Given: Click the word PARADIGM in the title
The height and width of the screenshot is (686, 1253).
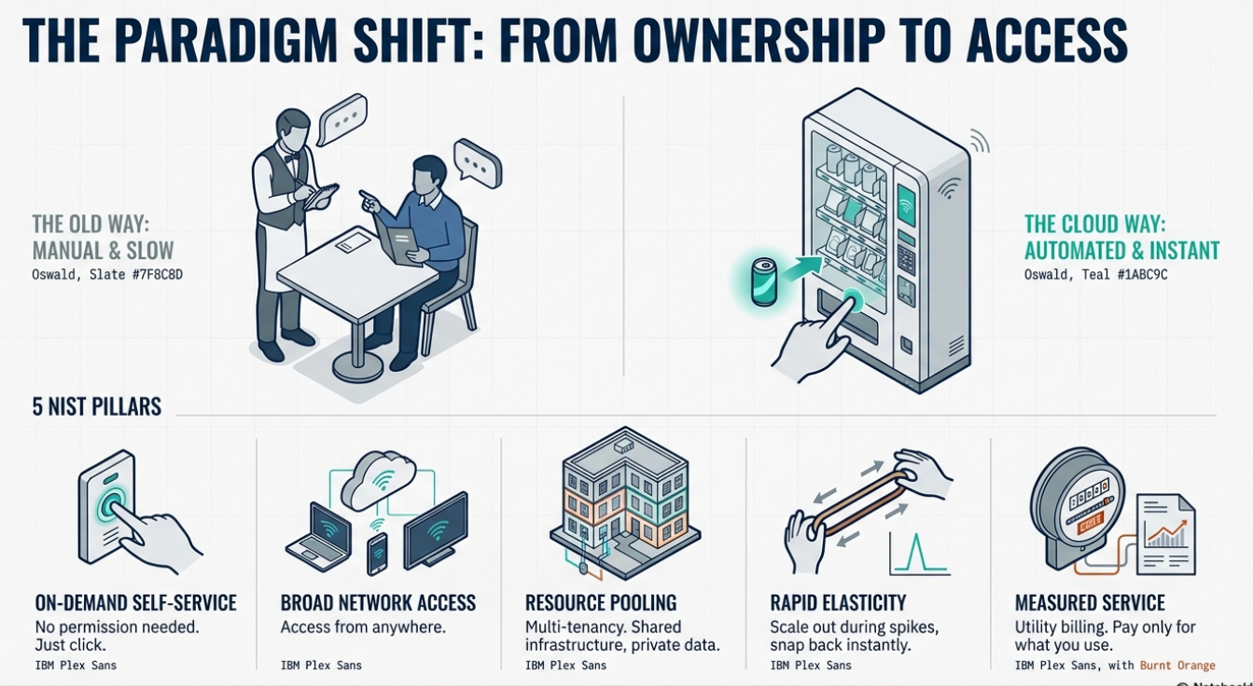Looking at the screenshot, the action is coord(229,40).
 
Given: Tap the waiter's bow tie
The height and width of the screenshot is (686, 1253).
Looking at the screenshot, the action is coord(291,158).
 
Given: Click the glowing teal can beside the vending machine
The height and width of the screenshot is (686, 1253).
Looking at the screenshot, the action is coord(763,282).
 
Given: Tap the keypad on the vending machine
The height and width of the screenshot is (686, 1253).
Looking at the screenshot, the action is coord(906,260).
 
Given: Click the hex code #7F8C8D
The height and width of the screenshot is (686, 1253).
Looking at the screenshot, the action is coord(151,275).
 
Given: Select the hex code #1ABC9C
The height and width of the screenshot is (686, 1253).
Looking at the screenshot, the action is coord(1137,275).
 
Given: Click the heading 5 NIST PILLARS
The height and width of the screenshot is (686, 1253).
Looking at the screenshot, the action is coord(97,406).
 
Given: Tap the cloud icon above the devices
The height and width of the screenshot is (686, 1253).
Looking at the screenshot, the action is coord(379,479).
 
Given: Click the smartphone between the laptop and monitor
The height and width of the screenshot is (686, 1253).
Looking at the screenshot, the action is coord(377,554).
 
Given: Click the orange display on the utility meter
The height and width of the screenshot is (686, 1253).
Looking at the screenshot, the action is coord(1090,525).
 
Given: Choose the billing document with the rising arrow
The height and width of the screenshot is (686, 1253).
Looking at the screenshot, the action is coord(1166,535).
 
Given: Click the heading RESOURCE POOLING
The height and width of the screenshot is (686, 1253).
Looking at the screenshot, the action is coord(601,603).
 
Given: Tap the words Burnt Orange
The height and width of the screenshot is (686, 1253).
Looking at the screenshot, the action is coord(1177,665).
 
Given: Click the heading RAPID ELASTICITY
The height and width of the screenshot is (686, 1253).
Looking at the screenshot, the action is coord(838,603).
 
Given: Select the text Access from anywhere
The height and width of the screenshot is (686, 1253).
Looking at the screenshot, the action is coord(363,627).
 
